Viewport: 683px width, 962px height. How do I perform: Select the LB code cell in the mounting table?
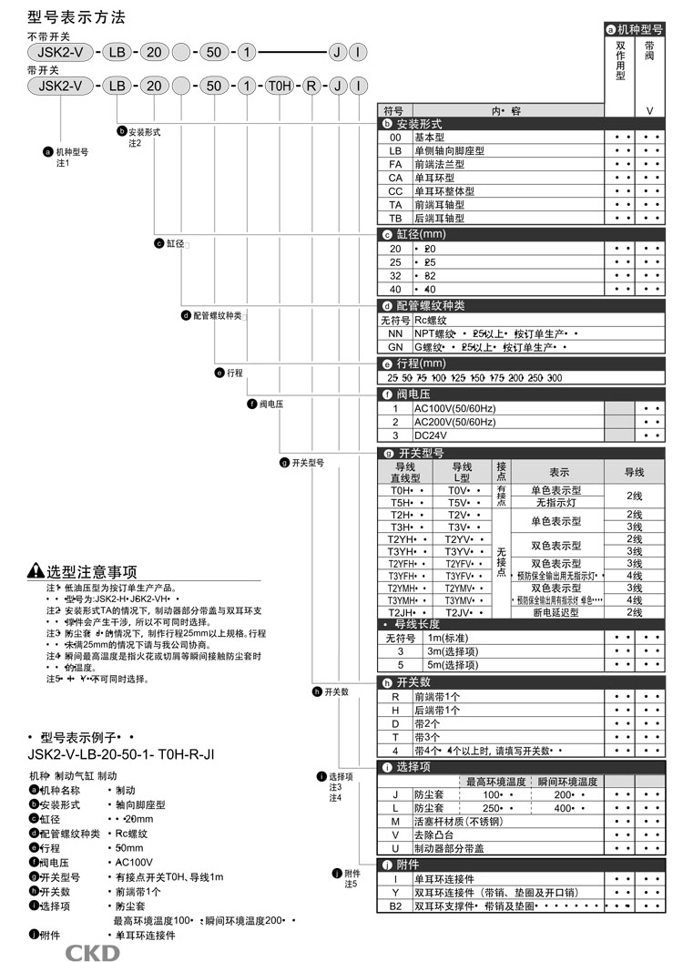tap(395, 150)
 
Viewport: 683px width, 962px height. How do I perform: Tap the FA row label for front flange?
tap(395, 164)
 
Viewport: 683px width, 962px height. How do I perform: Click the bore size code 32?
tap(395, 275)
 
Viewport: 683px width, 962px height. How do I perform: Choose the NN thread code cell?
tap(395, 333)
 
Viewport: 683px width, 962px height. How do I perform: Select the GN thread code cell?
tap(395, 347)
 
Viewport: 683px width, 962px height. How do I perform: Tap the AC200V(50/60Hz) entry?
tap(455, 422)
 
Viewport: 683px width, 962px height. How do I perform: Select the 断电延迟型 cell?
tap(556, 612)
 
